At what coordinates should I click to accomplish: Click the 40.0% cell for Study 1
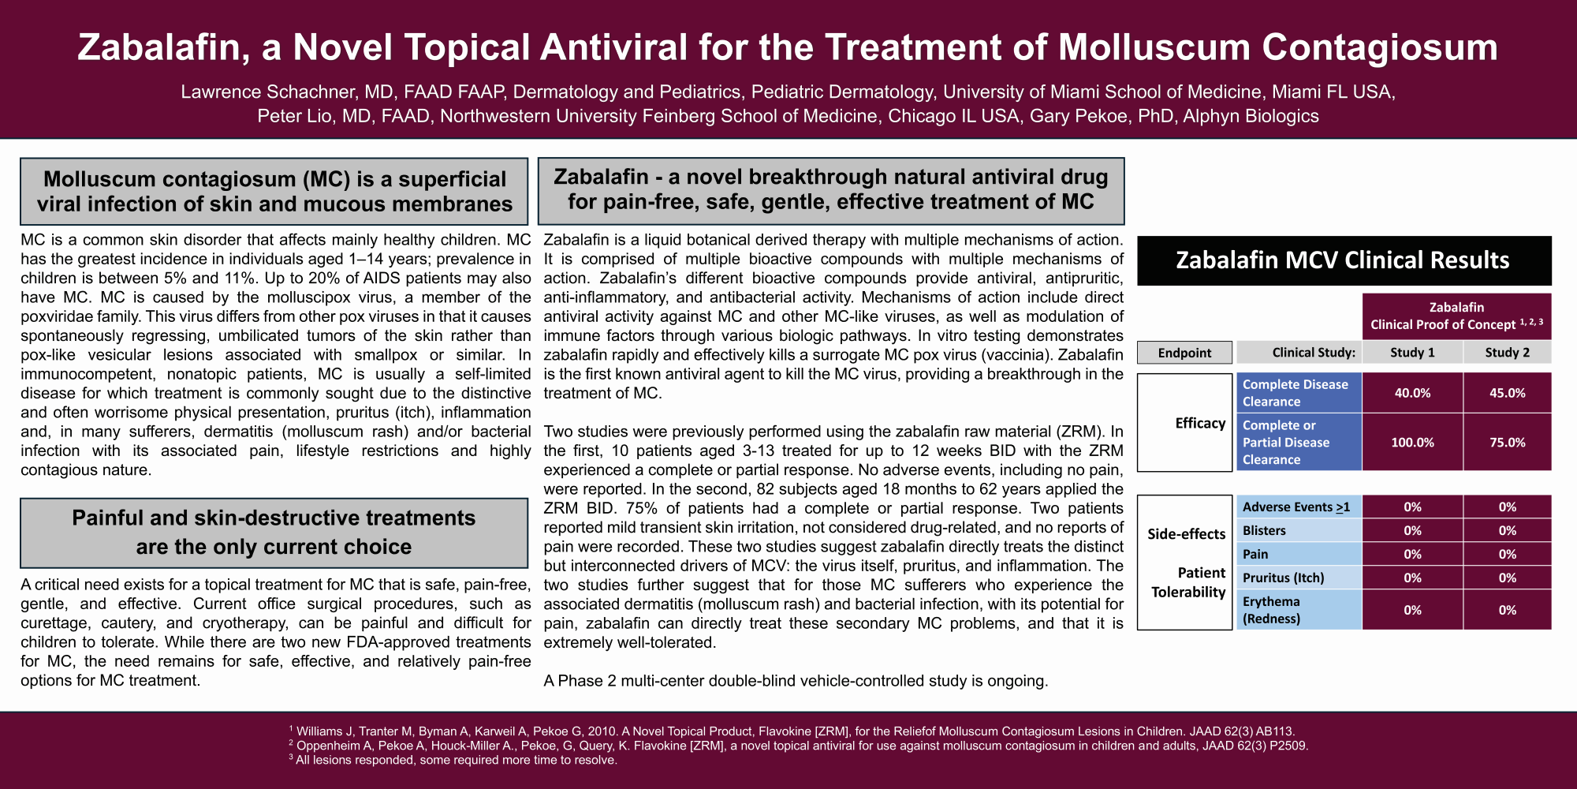1412,393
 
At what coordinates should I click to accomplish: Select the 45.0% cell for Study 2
1507,393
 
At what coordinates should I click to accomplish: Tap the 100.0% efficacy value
1412,443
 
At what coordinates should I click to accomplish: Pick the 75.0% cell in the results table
1507,443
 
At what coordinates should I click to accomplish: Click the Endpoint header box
1184,353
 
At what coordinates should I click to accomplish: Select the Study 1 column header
1412,353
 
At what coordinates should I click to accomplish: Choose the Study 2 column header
1507,353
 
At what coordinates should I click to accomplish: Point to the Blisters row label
1264,531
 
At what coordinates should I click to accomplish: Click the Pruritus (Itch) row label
1283,578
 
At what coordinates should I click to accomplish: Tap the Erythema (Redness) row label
1271,610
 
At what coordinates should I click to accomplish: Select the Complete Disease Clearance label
1295,393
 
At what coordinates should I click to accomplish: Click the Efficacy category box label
1200,424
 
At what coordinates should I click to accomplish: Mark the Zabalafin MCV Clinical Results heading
1343,260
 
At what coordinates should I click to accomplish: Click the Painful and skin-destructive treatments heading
274,533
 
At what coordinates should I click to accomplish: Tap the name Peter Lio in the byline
294,117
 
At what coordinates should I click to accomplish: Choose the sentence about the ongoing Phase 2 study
796,681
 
